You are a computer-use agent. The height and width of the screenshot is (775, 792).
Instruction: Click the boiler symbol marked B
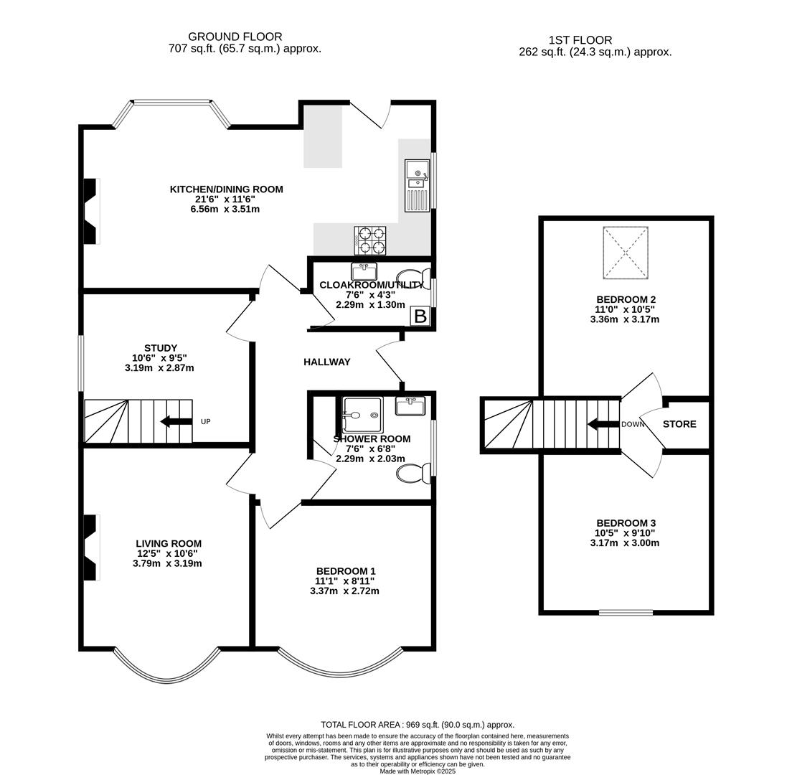point(420,316)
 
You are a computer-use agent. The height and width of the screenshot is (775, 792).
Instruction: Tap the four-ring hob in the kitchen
point(369,240)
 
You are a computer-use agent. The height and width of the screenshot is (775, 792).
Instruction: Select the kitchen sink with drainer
point(417,185)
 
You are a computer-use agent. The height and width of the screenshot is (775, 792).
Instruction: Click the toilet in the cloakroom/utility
point(415,278)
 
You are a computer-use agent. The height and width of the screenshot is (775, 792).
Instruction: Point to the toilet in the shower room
point(414,474)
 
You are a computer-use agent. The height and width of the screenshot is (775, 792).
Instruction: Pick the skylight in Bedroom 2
point(626,253)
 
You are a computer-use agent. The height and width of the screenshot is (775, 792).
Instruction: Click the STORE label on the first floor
point(679,424)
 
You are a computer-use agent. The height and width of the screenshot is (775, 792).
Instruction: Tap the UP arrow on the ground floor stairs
point(176,421)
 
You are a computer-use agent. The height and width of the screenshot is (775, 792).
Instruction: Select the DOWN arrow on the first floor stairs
point(603,424)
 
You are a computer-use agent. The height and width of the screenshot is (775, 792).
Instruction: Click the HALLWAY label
point(326,362)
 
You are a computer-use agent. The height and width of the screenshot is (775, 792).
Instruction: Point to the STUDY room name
point(160,348)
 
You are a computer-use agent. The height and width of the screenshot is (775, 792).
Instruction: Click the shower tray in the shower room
point(362,415)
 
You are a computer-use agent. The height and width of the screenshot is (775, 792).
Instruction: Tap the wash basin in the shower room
point(410,406)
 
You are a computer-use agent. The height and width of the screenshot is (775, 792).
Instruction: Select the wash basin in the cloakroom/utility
point(364,271)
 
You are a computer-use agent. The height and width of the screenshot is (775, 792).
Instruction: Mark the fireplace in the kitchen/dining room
point(90,211)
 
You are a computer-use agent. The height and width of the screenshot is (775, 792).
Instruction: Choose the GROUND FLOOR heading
point(235,37)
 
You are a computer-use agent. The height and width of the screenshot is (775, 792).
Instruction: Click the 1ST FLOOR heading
point(580,40)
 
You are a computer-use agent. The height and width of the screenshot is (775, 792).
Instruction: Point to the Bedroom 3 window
point(626,612)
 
